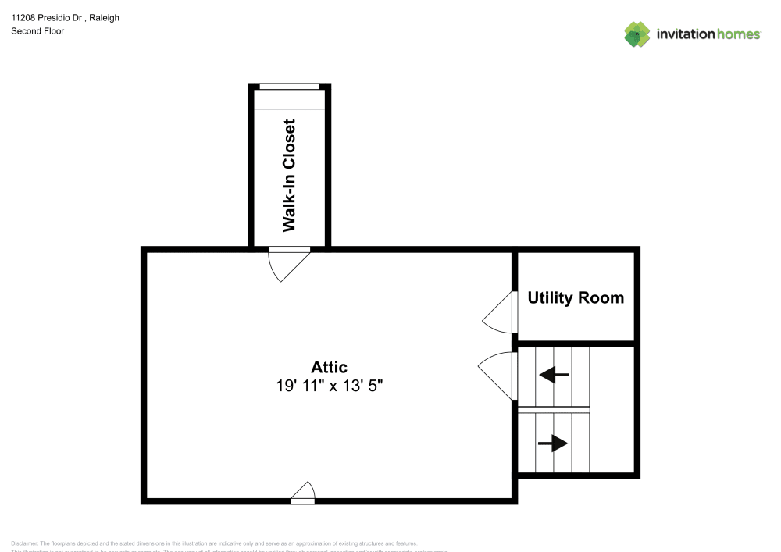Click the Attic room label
[x=329, y=367]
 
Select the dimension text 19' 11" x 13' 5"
[x=329, y=385]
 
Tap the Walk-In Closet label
[x=289, y=176]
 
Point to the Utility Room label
[x=576, y=297]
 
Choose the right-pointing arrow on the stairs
[x=553, y=443]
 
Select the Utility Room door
[x=502, y=312]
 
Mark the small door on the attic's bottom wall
[x=303, y=493]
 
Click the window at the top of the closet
[x=289, y=86]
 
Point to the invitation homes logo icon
[x=637, y=34]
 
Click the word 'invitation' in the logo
[x=685, y=34]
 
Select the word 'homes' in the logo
[x=739, y=34]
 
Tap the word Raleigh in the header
[x=104, y=17]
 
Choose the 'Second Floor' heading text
[x=37, y=31]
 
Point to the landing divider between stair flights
[x=553, y=410]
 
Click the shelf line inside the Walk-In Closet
[x=289, y=109]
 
